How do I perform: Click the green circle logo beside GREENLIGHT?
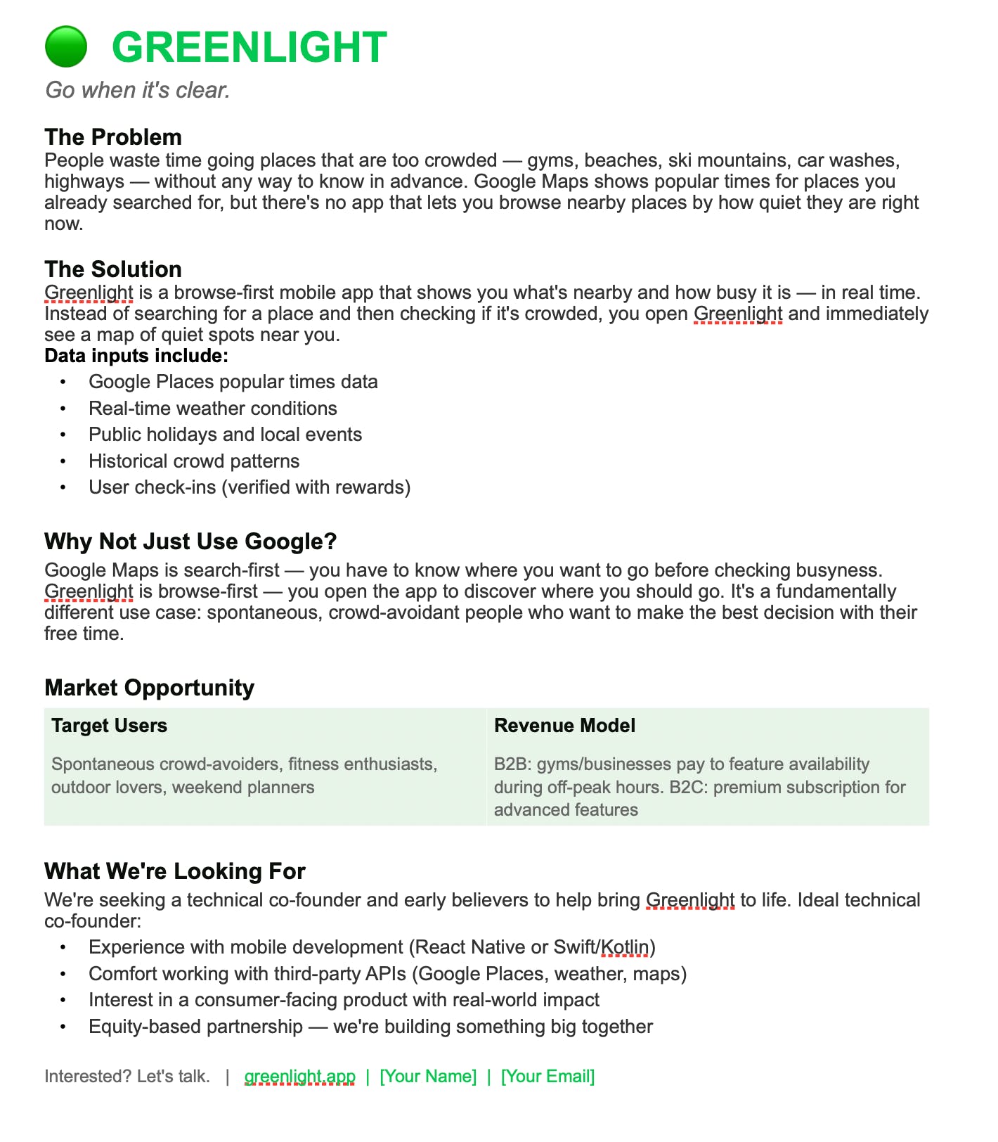(65, 46)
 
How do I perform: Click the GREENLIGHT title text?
(249, 48)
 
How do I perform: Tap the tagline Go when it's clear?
(138, 90)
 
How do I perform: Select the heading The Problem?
(113, 136)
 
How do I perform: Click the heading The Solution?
(113, 269)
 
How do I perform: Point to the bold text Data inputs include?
(136, 356)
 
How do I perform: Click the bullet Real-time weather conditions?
(212, 409)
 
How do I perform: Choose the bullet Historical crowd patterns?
(194, 461)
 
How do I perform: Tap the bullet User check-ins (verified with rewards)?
(249, 487)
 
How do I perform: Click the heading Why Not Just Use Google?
(190, 541)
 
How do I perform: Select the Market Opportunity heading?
(149, 687)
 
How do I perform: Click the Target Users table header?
(109, 726)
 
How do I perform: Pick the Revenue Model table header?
(564, 726)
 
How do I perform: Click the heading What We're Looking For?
(174, 871)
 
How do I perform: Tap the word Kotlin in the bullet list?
(625, 947)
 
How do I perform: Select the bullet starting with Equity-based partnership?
(370, 1027)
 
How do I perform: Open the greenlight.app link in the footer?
(299, 1077)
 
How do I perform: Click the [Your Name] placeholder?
(428, 1077)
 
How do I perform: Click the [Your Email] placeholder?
(547, 1077)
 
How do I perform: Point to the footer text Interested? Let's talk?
(127, 1077)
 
